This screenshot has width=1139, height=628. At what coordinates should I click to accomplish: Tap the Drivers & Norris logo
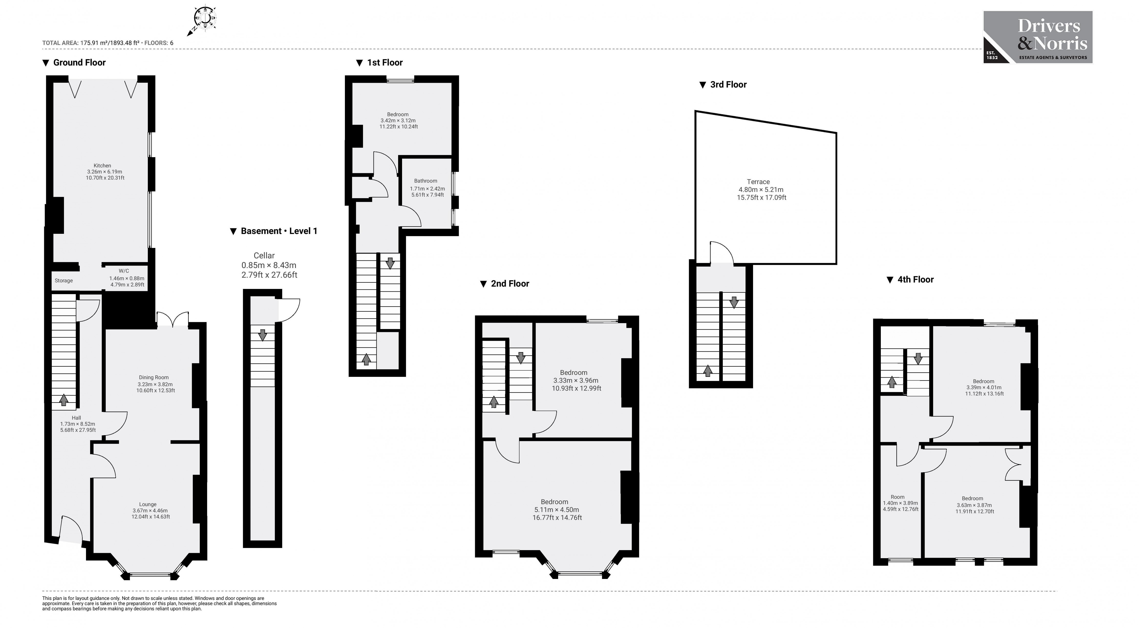point(1037,38)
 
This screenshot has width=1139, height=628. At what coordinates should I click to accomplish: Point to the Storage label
point(64,281)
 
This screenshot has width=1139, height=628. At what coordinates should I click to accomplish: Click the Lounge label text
point(149,510)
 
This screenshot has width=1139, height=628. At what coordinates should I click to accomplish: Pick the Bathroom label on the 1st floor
point(426,187)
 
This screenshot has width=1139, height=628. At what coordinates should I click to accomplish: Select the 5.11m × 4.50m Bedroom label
point(557,510)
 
